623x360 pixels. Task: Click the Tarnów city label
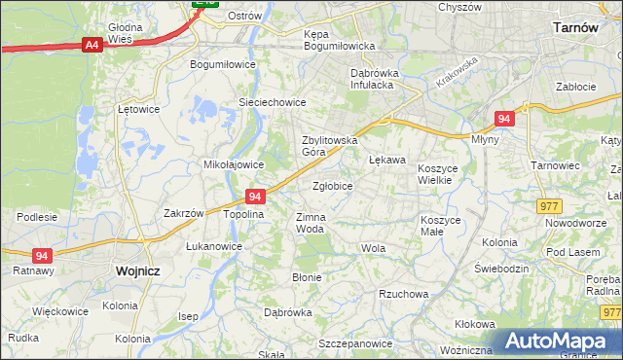point(573,28)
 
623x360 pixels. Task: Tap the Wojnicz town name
point(136,271)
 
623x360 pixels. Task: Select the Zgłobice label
point(332,185)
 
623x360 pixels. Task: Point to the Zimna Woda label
point(310,223)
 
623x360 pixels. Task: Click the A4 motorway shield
point(92,45)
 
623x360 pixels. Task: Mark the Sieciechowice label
point(273,102)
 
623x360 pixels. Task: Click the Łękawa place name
point(386,160)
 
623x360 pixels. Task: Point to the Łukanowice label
point(214,246)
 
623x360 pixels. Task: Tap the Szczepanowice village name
point(354,343)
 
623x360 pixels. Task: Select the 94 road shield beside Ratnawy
point(42,255)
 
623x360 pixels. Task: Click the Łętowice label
point(137,109)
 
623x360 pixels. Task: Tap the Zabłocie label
point(575,87)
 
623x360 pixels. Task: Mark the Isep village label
point(188,316)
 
